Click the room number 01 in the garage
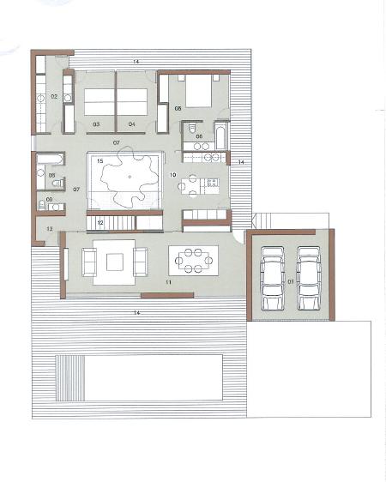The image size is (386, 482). pyautogui.click(x=291, y=281)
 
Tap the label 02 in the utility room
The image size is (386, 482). pyautogui.click(x=54, y=97)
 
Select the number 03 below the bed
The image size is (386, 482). pyautogui.click(x=96, y=124)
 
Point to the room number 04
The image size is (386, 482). pyautogui.click(x=131, y=124)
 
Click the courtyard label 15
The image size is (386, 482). pyautogui.click(x=100, y=161)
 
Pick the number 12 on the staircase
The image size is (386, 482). pyautogui.click(x=100, y=223)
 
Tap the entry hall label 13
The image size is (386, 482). pyautogui.click(x=50, y=229)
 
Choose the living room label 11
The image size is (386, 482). pyautogui.click(x=168, y=282)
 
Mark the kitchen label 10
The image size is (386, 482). pyautogui.click(x=172, y=175)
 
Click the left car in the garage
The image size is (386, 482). pyautogui.click(x=273, y=278)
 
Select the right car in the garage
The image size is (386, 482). pyautogui.click(x=309, y=278)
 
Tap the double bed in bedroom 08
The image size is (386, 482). pyautogui.click(x=198, y=91)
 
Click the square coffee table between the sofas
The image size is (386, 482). pyautogui.click(x=115, y=262)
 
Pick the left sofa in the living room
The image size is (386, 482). pyautogui.click(x=89, y=262)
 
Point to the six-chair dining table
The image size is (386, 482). pyautogui.click(x=194, y=261)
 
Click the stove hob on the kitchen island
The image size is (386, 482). pyautogui.click(x=213, y=183)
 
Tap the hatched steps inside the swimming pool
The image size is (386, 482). pyautogui.click(x=70, y=377)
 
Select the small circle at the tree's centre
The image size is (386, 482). pyautogui.click(x=130, y=177)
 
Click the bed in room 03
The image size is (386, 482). pyautogui.click(x=100, y=102)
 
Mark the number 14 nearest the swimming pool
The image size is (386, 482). pyautogui.click(x=136, y=313)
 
